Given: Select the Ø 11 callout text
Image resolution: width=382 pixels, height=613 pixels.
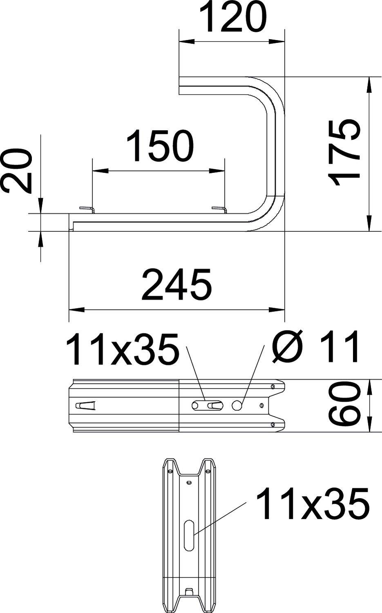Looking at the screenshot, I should pos(317,347).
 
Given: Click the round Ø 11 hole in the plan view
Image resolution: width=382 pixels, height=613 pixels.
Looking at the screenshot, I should pos(237,405).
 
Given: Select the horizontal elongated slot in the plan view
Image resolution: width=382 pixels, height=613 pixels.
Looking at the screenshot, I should pos(207,405).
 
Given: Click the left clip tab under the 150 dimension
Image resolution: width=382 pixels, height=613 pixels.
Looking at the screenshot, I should pos(87,210).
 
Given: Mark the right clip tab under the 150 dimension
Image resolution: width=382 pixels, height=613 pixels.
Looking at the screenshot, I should pos(219,210).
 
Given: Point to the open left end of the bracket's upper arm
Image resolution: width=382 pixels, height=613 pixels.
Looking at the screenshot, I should pos(180,86).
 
